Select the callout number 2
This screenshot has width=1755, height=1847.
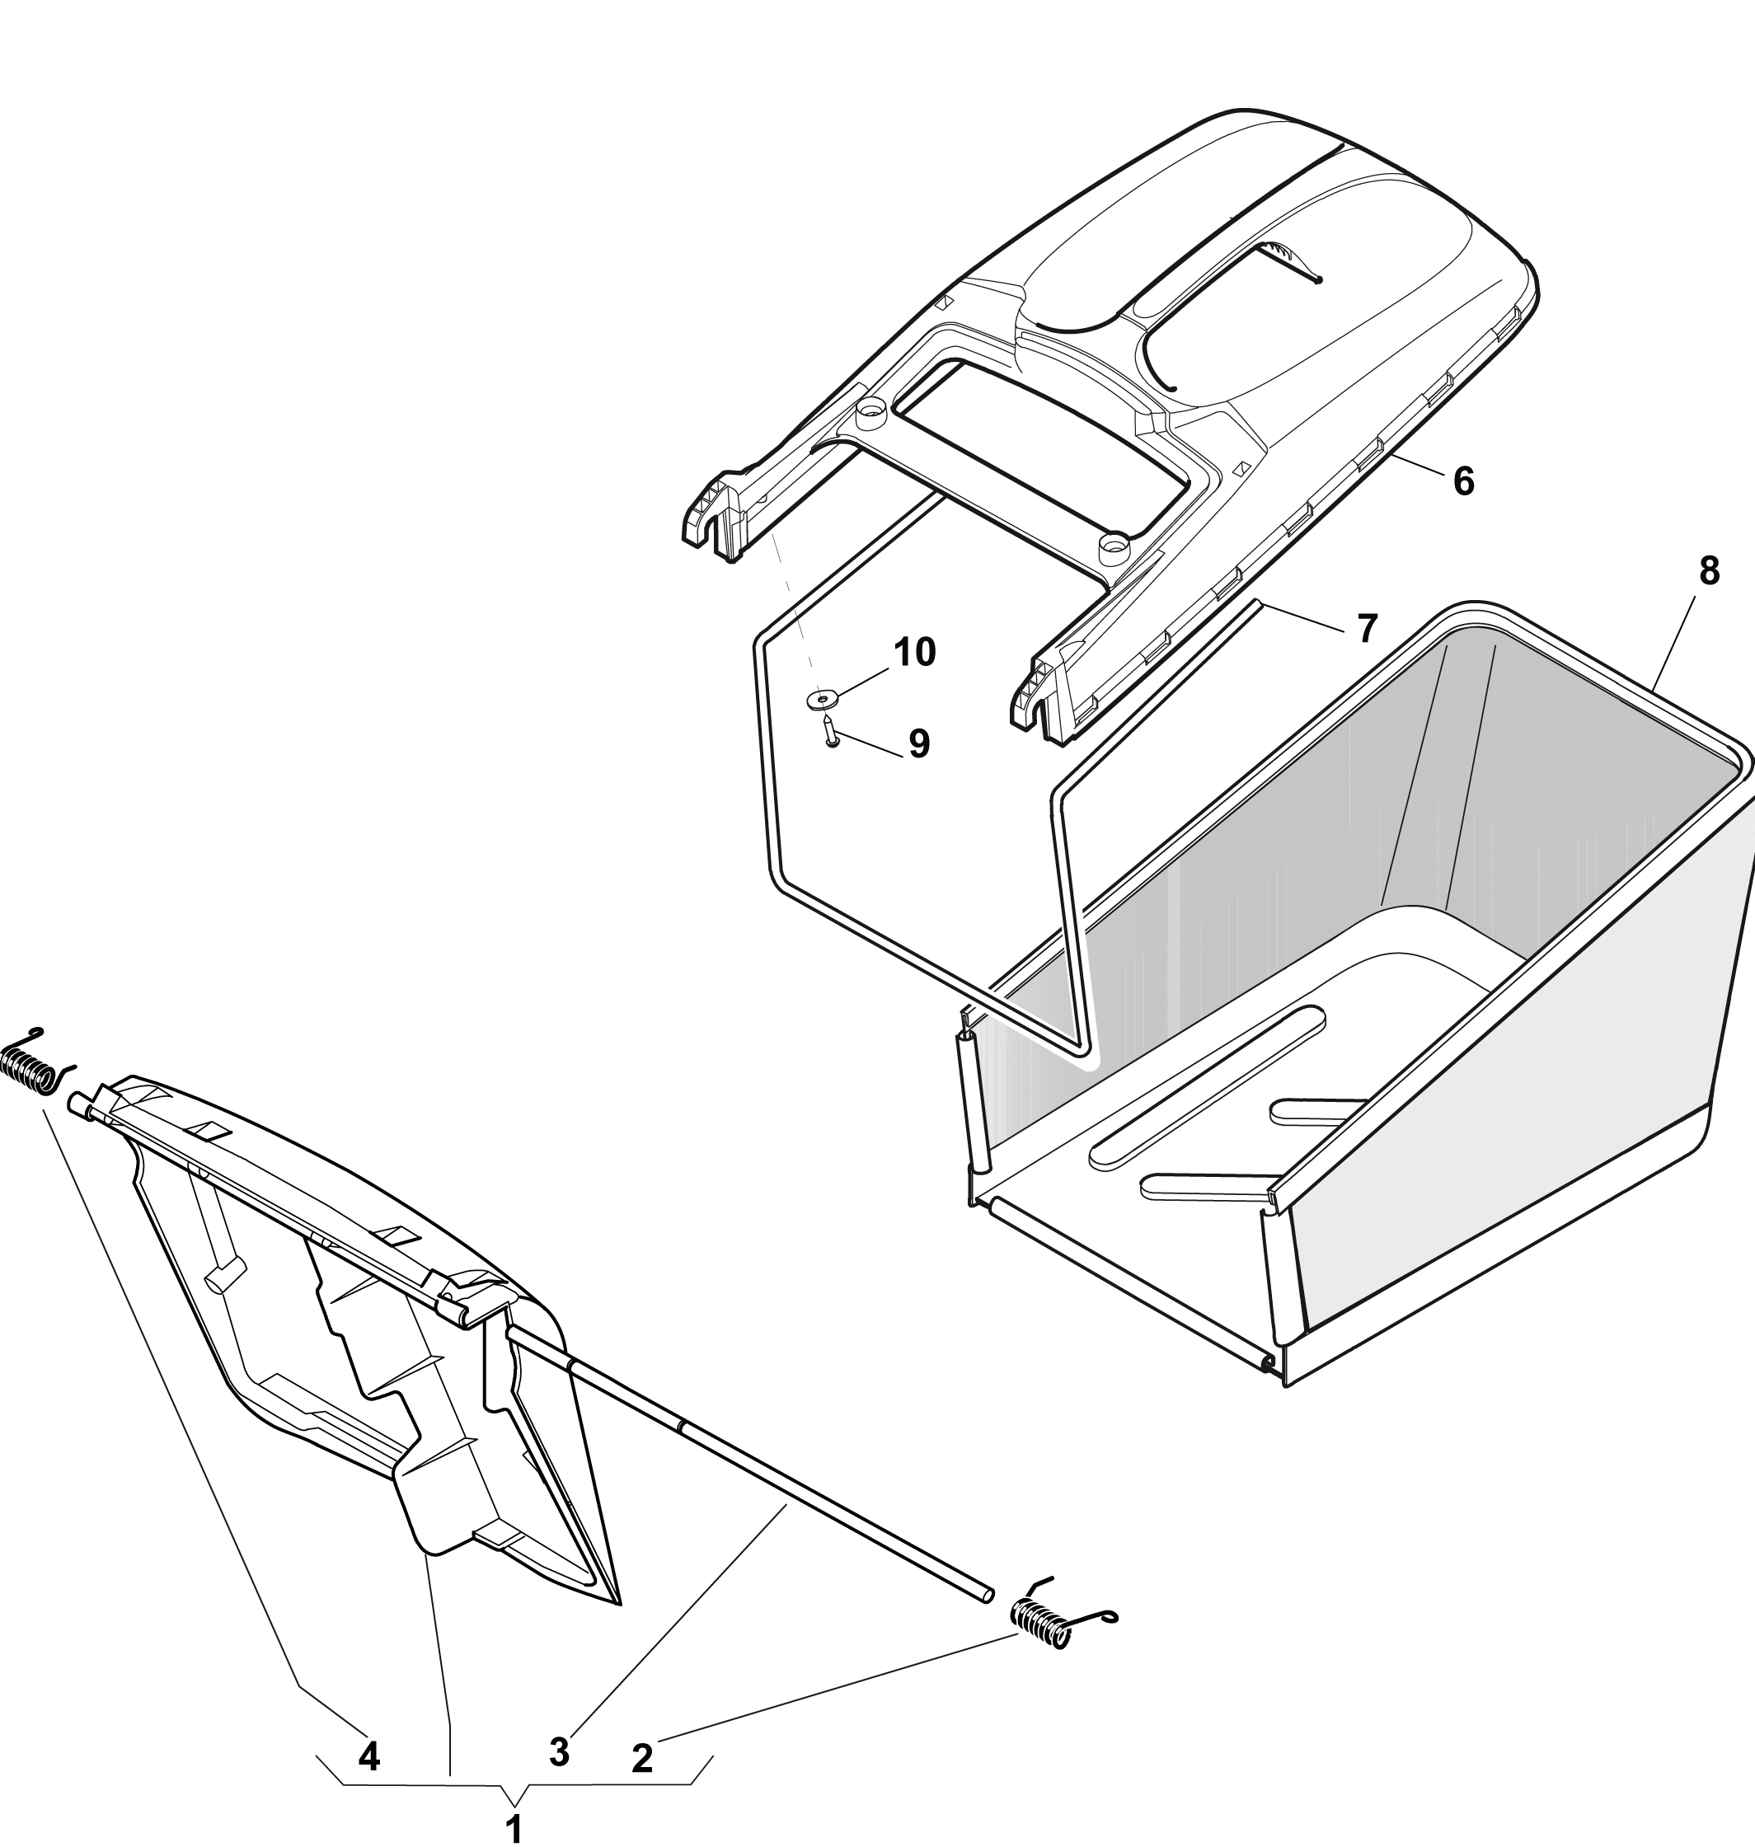[643, 1758]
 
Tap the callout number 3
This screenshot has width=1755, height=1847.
[560, 1751]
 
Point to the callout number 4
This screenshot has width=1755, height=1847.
[369, 1756]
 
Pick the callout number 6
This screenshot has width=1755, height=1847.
[1464, 481]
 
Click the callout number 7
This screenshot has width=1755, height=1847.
[1368, 629]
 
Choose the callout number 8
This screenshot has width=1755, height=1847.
[1709, 571]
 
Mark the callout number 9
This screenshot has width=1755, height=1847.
[920, 743]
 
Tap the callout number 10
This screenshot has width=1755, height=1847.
[915, 653]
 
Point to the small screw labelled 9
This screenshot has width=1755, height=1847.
[830, 730]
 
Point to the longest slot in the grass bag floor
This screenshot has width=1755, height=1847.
[1207, 1085]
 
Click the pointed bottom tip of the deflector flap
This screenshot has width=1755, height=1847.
[619, 1605]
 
